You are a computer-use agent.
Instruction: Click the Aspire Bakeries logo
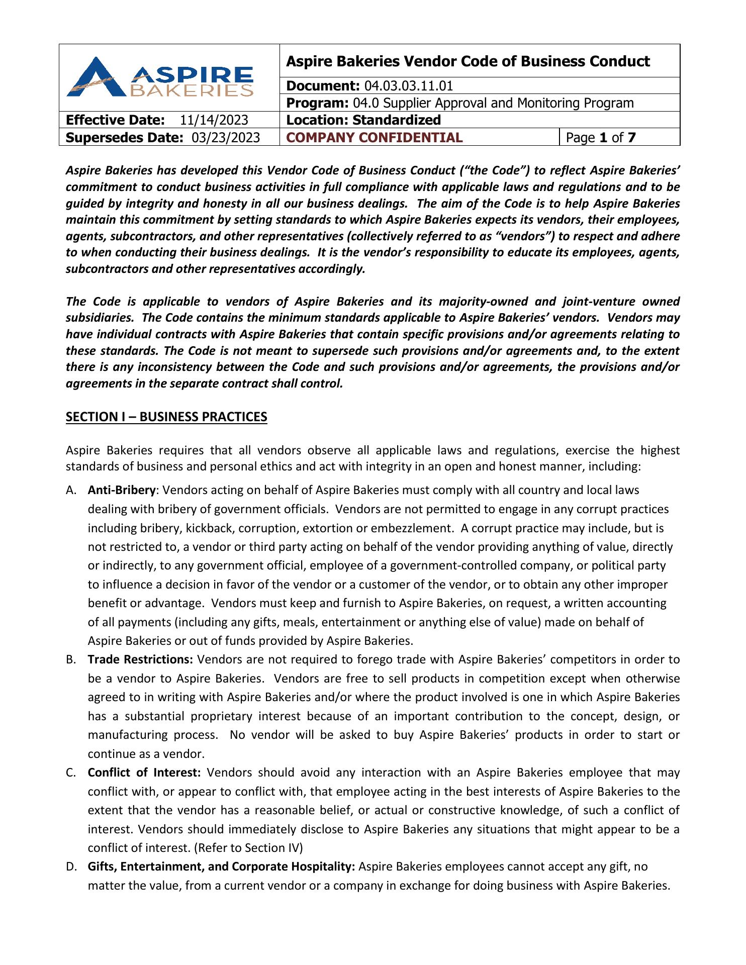[160, 77]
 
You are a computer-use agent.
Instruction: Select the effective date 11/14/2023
[214, 120]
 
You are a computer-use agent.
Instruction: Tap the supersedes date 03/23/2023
[226, 138]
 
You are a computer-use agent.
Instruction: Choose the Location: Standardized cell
[363, 120]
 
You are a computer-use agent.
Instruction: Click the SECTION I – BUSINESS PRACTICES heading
[166, 417]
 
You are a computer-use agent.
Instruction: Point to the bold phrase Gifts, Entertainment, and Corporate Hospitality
[222, 866]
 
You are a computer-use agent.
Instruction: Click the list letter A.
[70, 490]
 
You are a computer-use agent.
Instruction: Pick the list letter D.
[71, 866]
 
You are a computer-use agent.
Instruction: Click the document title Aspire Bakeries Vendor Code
[468, 61]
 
